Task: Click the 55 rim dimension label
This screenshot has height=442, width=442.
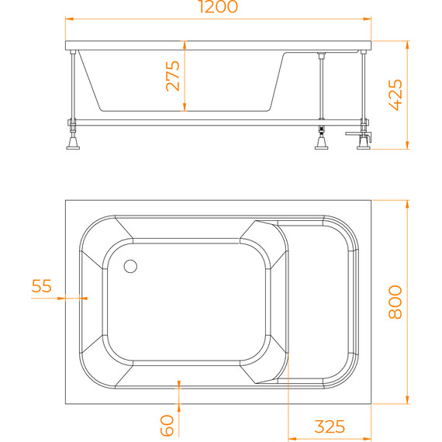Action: coord(42,286)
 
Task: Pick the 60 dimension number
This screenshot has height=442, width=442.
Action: coord(166,424)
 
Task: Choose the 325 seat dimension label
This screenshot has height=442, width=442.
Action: coord(330,426)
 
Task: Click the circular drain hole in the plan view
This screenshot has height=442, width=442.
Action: coord(129,266)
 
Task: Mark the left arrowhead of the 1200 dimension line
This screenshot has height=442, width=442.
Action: coord(67,17)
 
